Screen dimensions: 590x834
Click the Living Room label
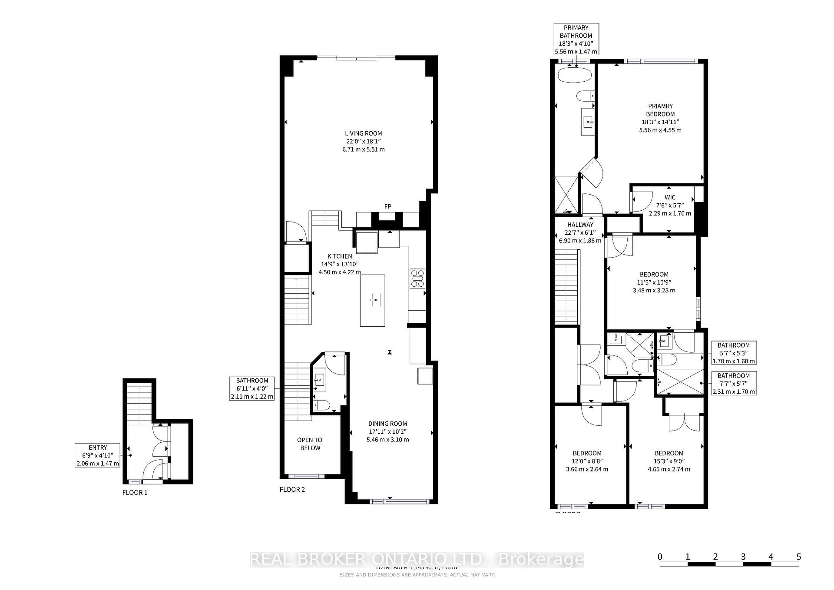(x=364, y=141)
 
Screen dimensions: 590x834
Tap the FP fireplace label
(x=388, y=206)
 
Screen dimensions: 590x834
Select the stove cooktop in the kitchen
(x=417, y=278)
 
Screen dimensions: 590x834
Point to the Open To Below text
(x=310, y=444)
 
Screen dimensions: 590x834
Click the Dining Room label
(x=387, y=431)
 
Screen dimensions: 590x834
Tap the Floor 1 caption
(x=135, y=492)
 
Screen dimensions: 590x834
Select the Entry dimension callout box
(x=98, y=455)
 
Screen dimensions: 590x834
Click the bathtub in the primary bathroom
(x=574, y=75)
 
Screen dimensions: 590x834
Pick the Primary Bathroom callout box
(x=576, y=39)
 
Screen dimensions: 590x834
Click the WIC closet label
(x=670, y=205)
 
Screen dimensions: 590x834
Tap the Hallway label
(x=580, y=232)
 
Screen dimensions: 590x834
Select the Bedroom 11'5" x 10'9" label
(x=654, y=282)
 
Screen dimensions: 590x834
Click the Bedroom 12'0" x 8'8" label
(x=587, y=461)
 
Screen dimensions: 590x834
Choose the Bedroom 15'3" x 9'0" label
(x=669, y=461)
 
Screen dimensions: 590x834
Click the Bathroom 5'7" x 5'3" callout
(x=734, y=353)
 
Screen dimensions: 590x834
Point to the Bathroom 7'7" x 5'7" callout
(x=734, y=383)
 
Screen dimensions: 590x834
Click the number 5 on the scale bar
(x=798, y=557)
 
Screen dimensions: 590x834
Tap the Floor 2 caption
(x=292, y=489)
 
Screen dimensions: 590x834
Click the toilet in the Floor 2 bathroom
(x=322, y=406)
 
